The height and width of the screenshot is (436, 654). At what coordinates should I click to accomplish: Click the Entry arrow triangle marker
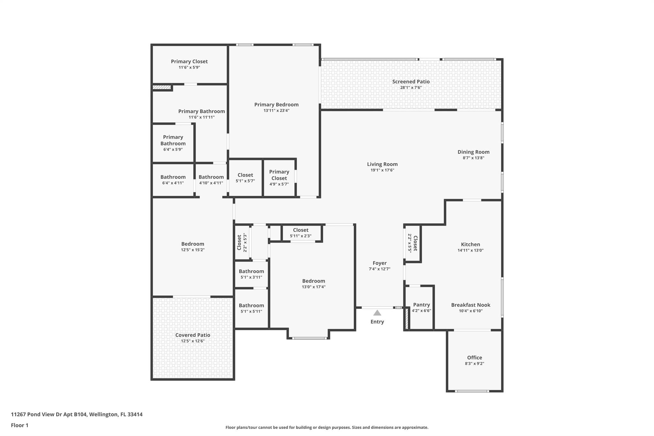click(x=377, y=313)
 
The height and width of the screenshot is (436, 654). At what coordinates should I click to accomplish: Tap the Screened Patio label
click(x=411, y=82)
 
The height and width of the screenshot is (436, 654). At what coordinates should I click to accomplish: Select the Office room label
click(x=474, y=358)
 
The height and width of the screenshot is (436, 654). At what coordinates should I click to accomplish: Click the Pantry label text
click(x=421, y=305)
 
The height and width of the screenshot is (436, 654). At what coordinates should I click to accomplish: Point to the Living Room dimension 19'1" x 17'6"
click(x=382, y=170)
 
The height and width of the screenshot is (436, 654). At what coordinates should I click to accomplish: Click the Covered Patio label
click(x=193, y=335)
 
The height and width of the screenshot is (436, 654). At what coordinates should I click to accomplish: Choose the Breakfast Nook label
click(x=470, y=305)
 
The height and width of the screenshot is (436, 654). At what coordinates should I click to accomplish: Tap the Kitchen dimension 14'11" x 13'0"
click(x=470, y=250)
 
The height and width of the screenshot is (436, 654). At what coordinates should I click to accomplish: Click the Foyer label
click(x=379, y=263)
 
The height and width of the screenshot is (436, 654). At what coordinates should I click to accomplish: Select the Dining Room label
click(x=473, y=152)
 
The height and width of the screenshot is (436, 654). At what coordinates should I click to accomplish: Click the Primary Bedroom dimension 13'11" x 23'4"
click(x=276, y=111)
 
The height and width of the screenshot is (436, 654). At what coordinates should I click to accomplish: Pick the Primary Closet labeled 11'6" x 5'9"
click(x=189, y=64)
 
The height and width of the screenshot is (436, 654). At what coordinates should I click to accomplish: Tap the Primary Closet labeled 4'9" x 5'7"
click(x=279, y=178)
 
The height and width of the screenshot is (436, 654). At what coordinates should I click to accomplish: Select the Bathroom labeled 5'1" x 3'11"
click(x=251, y=274)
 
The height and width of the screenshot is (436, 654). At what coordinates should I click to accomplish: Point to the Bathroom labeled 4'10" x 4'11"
click(x=211, y=180)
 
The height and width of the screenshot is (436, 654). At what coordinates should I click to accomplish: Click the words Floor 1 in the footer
click(x=19, y=425)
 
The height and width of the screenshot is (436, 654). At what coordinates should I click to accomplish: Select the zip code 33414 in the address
click(x=135, y=415)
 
